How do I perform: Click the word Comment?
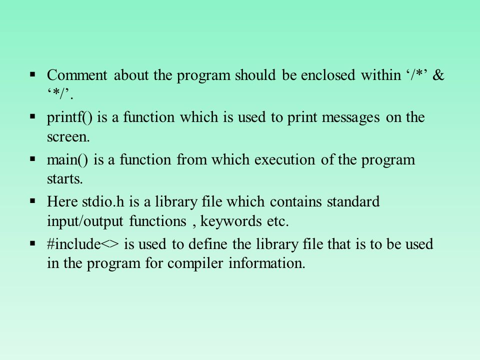[x=77, y=75]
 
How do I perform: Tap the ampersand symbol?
[x=438, y=75]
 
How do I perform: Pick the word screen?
[x=68, y=137]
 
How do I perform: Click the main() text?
[x=67, y=160]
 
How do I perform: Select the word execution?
[x=284, y=160]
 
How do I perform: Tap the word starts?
[x=65, y=179]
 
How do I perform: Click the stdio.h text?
[x=103, y=202]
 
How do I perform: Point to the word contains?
[x=295, y=202]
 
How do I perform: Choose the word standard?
[x=353, y=202]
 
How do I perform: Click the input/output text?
[x=85, y=221]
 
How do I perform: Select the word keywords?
[x=231, y=221]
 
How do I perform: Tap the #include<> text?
[x=82, y=244]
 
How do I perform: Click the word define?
[x=208, y=244]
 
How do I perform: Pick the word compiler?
[x=195, y=264]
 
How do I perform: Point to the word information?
[x=267, y=263]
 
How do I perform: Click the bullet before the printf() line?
[x=33, y=116]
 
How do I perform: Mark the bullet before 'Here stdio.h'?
[x=33, y=201]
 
